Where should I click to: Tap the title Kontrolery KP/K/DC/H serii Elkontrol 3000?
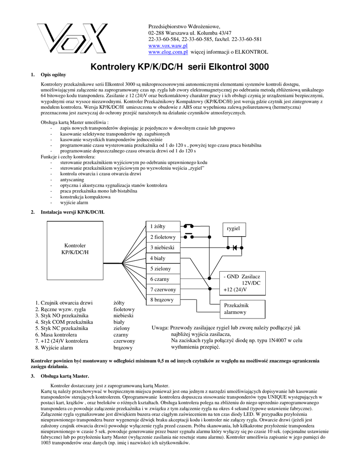click(x=180, y=67)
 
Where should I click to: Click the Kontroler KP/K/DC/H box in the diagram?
click(x=75, y=249)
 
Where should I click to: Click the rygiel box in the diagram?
click(x=233, y=228)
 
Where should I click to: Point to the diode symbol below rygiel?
click(x=234, y=248)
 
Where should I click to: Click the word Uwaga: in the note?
click(x=160, y=328)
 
